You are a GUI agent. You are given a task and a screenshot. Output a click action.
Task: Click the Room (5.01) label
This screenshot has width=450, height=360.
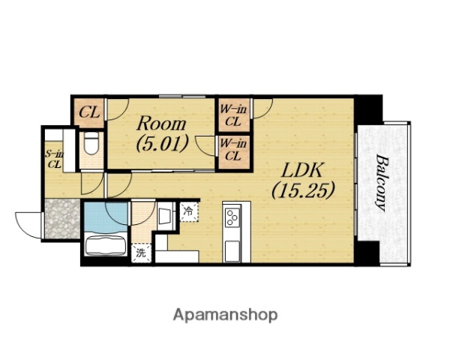click(x=161, y=133)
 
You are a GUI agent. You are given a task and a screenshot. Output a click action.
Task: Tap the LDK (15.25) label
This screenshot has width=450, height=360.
click(x=303, y=180)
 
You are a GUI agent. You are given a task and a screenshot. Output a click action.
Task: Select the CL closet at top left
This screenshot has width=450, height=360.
click(x=89, y=112)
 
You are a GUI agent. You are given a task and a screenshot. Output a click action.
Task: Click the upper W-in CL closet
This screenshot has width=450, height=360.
click(x=232, y=115)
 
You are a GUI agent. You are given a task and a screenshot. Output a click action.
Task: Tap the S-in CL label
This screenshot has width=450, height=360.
click(x=55, y=159)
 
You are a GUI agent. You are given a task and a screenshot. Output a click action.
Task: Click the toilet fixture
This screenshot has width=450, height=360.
click(x=91, y=143)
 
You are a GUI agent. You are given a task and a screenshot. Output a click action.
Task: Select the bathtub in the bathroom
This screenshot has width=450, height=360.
click(x=106, y=245)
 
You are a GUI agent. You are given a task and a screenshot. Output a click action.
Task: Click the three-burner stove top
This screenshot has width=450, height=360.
click(x=232, y=217)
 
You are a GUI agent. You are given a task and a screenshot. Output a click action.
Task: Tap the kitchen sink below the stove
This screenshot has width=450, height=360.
click(x=232, y=251)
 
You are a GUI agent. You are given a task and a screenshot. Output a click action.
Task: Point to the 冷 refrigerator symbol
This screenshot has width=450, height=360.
click(x=189, y=211)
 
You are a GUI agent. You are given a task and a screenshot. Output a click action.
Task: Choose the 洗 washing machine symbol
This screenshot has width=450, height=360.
click(x=141, y=253)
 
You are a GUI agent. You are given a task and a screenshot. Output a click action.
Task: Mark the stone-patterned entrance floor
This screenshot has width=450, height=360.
click(x=62, y=218)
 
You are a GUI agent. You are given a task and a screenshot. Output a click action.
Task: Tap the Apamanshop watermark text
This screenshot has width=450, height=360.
click(x=225, y=315)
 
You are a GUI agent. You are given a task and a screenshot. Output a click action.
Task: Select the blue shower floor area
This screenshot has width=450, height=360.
click(x=106, y=217)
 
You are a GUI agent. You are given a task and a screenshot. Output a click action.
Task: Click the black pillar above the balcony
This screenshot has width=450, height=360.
click(x=368, y=109)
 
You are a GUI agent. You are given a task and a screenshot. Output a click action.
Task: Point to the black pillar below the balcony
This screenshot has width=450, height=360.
click(x=367, y=253)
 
